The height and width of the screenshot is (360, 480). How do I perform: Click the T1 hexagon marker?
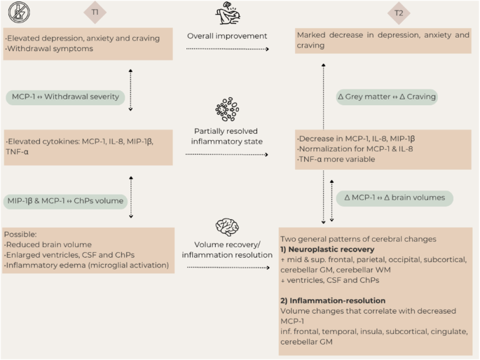coord(95,12)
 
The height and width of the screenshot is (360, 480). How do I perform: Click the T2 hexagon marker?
coord(399,12)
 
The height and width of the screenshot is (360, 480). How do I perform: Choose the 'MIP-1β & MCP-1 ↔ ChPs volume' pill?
coord(67,201)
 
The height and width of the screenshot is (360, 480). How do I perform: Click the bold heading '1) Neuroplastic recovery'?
coord(328,249)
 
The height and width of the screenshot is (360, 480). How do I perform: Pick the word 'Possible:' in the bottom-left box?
coord(22,234)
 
